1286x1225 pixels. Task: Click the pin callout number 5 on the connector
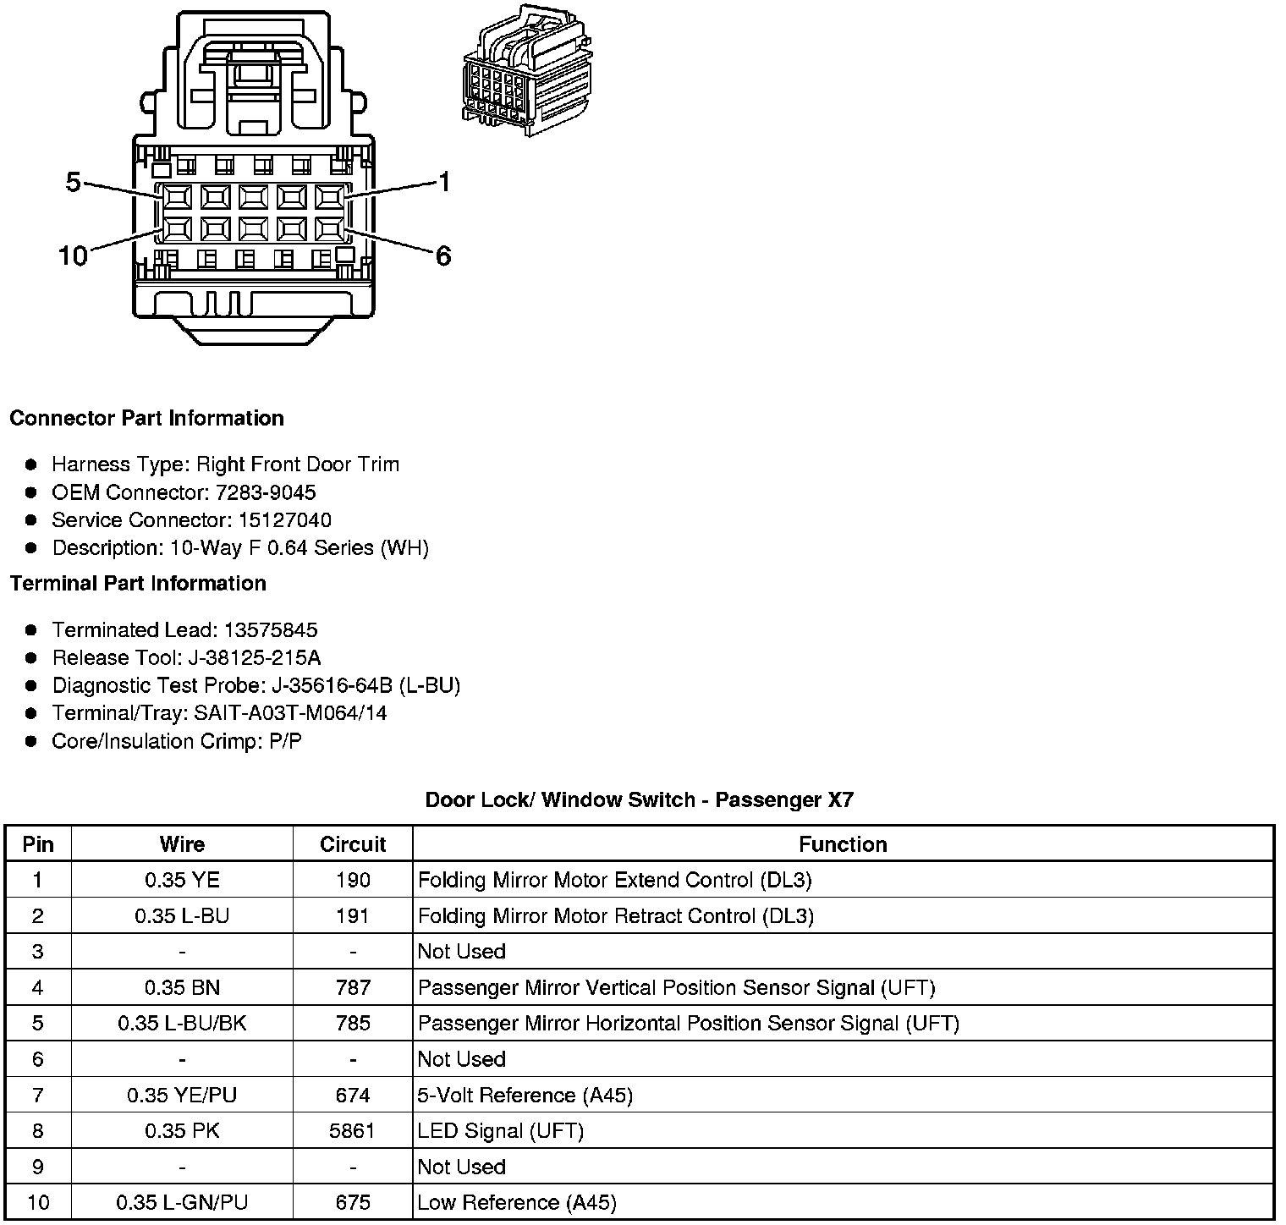(x=73, y=182)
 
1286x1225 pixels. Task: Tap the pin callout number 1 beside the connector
(x=444, y=182)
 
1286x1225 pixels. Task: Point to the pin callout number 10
(x=73, y=255)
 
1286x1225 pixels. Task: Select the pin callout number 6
(x=443, y=255)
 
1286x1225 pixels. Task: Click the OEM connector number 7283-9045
(x=267, y=492)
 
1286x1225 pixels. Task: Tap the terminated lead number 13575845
(x=271, y=630)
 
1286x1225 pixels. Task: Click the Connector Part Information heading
(x=146, y=419)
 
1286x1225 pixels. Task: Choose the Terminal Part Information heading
(x=138, y=584)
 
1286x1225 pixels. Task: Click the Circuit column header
(x=353, y=844)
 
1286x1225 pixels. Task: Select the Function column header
(x=843, y=844)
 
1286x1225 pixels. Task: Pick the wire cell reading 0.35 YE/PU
(x=182, y=1096)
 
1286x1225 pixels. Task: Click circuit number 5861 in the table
(x=353, y=1131)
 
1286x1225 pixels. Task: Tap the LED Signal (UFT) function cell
(x=501, y=1131)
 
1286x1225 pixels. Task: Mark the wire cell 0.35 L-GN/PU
(x=182, y=1202)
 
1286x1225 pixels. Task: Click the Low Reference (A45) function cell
(x=517, y=1202)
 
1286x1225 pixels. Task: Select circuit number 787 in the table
(x=353, y=987)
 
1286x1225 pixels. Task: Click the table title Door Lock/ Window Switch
(x=639, y=799)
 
